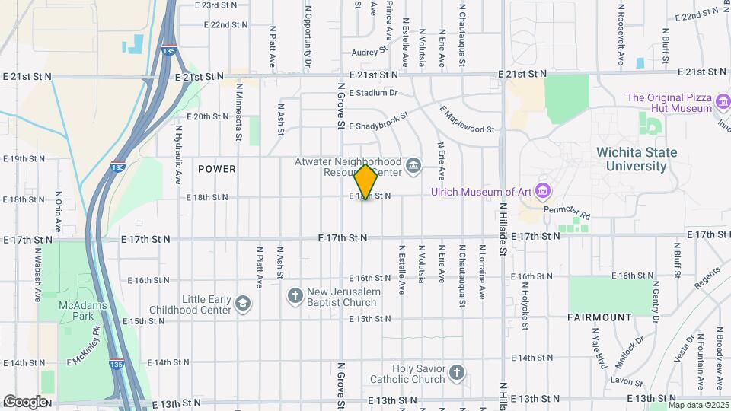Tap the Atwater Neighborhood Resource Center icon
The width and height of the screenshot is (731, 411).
point(413,166)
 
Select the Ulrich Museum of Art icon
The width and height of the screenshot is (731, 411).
point(542,190)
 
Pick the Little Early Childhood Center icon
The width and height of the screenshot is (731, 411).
point(243,304)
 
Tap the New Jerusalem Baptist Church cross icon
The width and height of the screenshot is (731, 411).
point(295,295)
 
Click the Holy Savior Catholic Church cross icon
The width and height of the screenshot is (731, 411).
point(456,373)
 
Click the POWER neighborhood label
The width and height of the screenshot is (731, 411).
point(217,168)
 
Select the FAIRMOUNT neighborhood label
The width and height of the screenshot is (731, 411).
point(599,317)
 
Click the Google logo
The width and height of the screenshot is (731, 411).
point(24,401)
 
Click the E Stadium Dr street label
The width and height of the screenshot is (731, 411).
point(374,93)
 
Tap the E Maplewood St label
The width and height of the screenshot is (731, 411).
point(467,119)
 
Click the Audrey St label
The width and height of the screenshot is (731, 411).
point(369,53)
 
